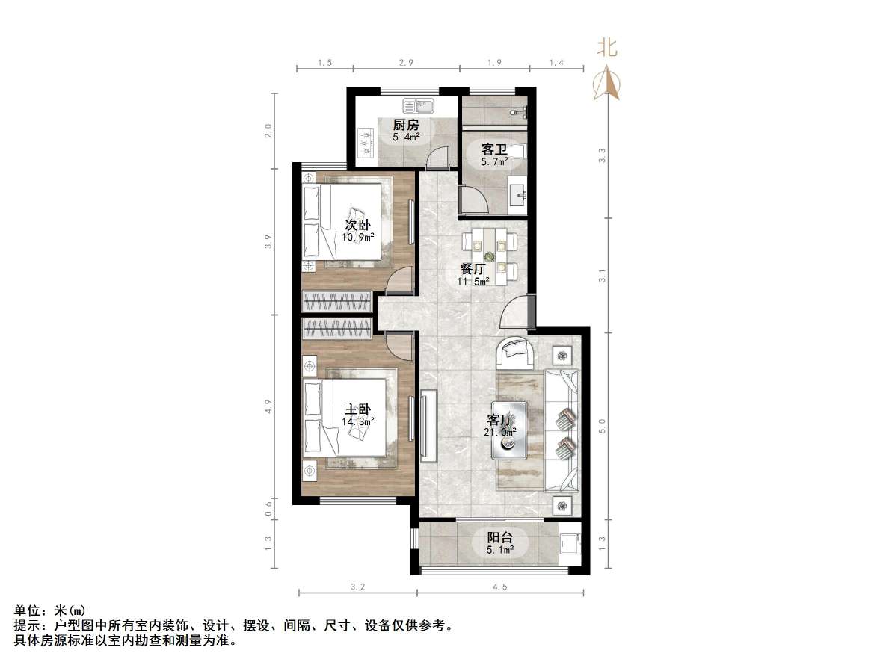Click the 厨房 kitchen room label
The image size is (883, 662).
tap(407, 125)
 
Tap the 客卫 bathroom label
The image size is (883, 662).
tap(494, 149)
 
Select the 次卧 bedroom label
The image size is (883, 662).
tap(357, 225)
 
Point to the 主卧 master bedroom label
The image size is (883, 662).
tap(357, 409)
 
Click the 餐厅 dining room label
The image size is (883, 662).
tap(473, 269)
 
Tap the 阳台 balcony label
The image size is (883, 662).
tap(499, 538)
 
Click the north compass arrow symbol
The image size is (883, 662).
tap(606, 83)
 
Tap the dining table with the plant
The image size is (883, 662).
tap(489, 256)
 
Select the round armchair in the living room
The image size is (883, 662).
tap(516, 351)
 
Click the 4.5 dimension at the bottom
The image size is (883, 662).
tap(499, 587)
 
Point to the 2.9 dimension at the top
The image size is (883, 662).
tap(406, 63)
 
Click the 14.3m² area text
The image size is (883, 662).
tap(357, 421)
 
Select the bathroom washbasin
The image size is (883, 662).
tap(519, 195)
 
